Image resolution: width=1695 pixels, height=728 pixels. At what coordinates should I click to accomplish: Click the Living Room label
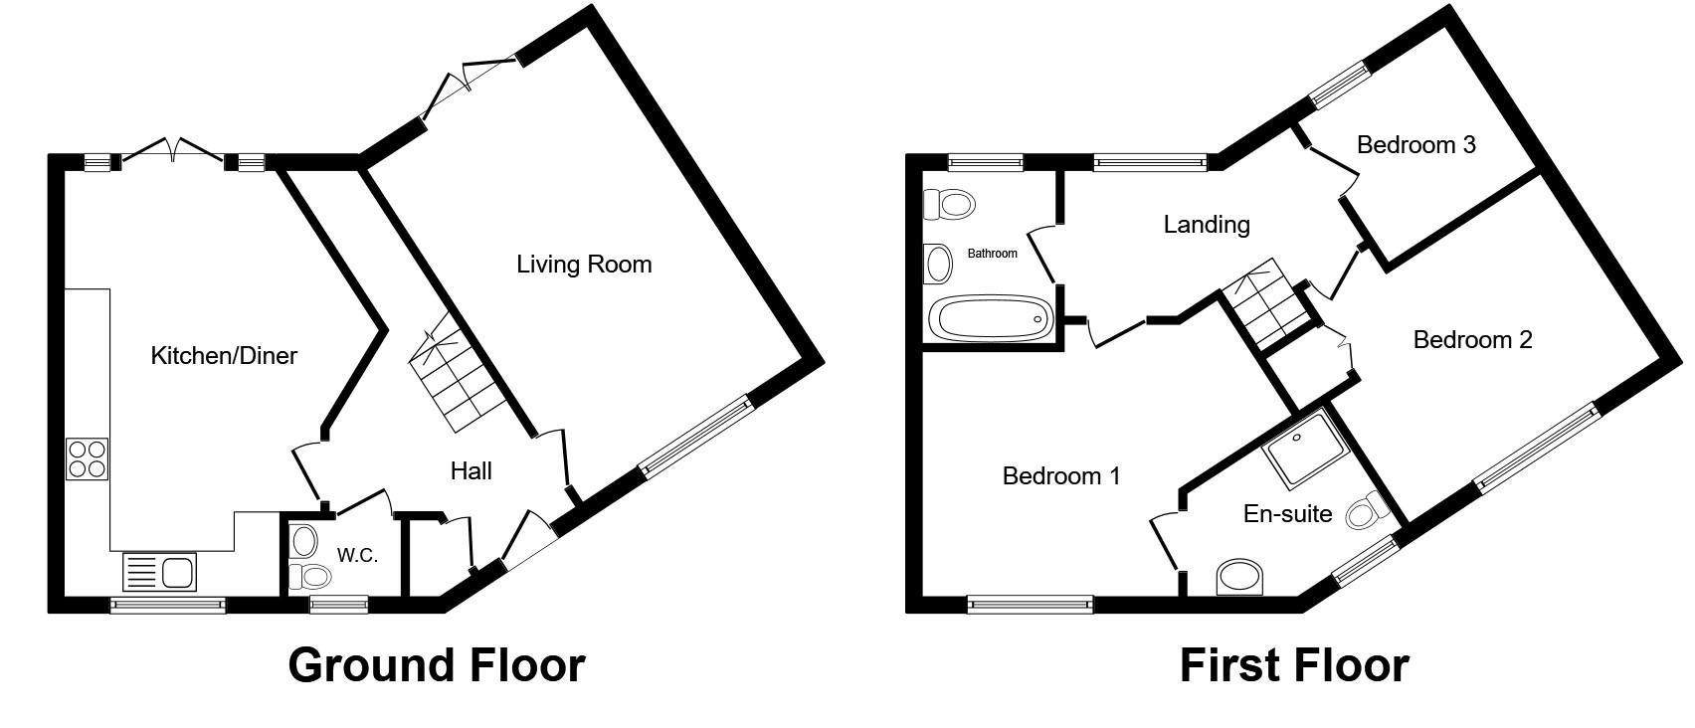584,265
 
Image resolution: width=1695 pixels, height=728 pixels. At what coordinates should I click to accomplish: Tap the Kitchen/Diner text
224,356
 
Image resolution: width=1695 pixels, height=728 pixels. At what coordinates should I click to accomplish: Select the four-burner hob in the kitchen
87,459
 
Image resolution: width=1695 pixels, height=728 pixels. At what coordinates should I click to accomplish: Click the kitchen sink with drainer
160,572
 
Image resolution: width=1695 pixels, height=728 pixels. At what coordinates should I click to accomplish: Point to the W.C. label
357,556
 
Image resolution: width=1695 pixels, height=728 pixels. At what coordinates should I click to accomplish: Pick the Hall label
471,470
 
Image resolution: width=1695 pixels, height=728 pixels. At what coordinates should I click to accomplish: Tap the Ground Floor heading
437,665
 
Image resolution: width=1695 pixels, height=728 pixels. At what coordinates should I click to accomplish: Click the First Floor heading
1294,665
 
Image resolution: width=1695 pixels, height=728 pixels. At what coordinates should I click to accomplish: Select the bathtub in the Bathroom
991,318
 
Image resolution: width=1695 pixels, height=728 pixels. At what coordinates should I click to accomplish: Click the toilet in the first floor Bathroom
949,204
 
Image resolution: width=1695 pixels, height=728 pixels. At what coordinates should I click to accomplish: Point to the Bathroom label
992,254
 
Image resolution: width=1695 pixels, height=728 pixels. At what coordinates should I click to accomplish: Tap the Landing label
1207,224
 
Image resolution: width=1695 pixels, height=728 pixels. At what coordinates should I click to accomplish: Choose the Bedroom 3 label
1415,144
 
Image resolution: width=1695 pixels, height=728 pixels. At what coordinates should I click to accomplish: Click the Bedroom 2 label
1472,340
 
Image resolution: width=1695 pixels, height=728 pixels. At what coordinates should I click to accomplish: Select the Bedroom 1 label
1061,476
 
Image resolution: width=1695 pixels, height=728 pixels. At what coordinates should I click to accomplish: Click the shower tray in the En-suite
1304,448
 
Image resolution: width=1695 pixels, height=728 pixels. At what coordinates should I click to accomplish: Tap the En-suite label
1287,514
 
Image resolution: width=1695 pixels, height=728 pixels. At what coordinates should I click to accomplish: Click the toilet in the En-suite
1368,509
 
